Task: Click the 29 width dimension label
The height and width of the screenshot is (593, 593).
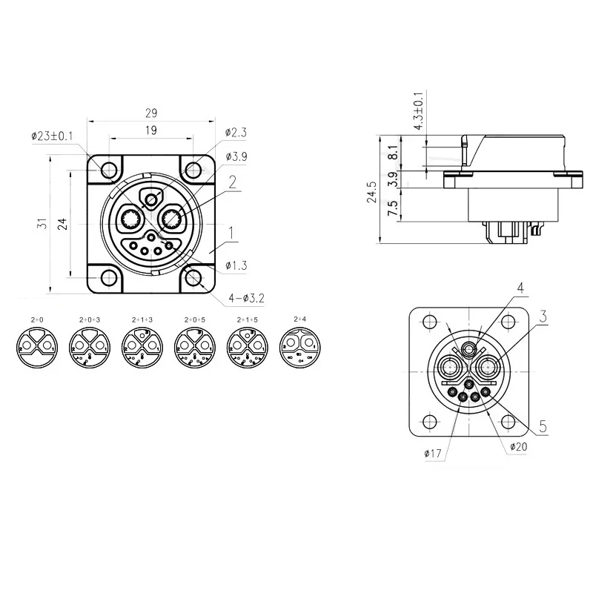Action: coord(152,113)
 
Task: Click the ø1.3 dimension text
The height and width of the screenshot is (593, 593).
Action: coord(236,265)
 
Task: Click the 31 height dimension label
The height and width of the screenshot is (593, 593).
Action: coord(43,223)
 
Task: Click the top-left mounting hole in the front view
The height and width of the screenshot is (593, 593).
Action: coord(110,169)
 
